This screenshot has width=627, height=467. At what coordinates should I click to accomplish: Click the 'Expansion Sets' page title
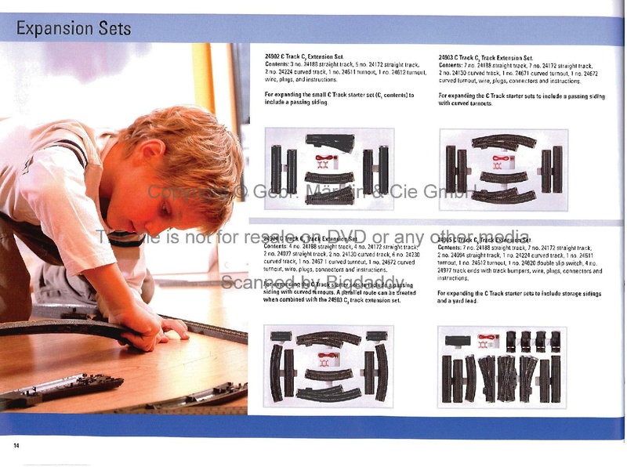click(74, 30)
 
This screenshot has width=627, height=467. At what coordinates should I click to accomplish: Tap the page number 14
click(15, 446)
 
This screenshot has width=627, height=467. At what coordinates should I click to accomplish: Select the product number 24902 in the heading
click(275, 58)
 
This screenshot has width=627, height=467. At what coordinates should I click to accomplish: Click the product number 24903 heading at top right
click(448, 58)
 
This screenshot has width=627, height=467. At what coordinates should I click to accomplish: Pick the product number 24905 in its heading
click(448, 240)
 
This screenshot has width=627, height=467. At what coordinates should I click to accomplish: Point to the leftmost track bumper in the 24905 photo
click(511, 341)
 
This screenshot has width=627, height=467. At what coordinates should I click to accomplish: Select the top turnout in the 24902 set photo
click(330, 143)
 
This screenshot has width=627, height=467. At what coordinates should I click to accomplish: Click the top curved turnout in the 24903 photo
click(504, 142)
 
